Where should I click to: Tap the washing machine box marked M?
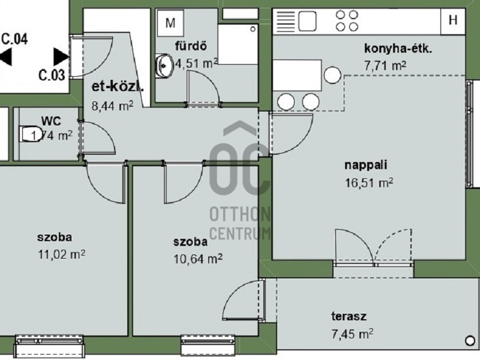(x=170, y=23)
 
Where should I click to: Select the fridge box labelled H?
(x=453, y=20)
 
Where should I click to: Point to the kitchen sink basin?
(x=307, y=21)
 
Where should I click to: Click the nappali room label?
(x=366, y=165)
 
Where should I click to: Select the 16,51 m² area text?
(x=369, y=183)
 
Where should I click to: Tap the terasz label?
(x=349, y=316)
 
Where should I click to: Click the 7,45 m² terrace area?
(x=352, y=334)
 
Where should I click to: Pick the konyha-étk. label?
(x=398, y=49)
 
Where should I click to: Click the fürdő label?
(x=191, y=46)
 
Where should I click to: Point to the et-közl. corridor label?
(x=118, y=87)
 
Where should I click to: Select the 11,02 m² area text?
(x=61, y=254)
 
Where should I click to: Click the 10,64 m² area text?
(x=198, y=260)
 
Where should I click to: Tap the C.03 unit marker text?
(x=52, y=76)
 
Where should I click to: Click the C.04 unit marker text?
(x=14, y=39)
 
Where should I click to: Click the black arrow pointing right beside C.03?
(x=61, y=56)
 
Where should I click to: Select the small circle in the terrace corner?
(x=470, y=341)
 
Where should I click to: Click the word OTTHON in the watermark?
(x=239, y=214)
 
